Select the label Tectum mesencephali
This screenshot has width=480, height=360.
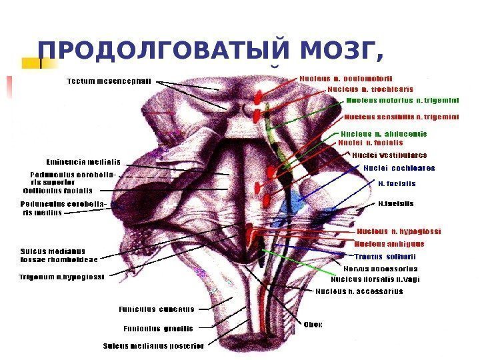[x=109, y=81]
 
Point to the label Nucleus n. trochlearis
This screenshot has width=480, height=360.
[x=370, y=89]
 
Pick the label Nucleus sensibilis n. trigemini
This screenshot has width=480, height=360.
[x=401, y=117]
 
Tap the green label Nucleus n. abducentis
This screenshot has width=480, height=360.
[x=383, y=133]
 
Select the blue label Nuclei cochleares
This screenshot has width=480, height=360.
[x=399, y=168]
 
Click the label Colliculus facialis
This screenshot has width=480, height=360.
[x=58, y=190]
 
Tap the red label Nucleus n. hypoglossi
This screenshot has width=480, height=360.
[x=399, y=231]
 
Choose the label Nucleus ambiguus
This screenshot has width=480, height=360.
[x=389, y=244]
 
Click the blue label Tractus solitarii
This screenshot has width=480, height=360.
[x=385, y=257]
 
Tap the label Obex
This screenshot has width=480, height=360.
[x=313, y=325]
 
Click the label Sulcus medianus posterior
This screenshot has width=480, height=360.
[x=153, y=346]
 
